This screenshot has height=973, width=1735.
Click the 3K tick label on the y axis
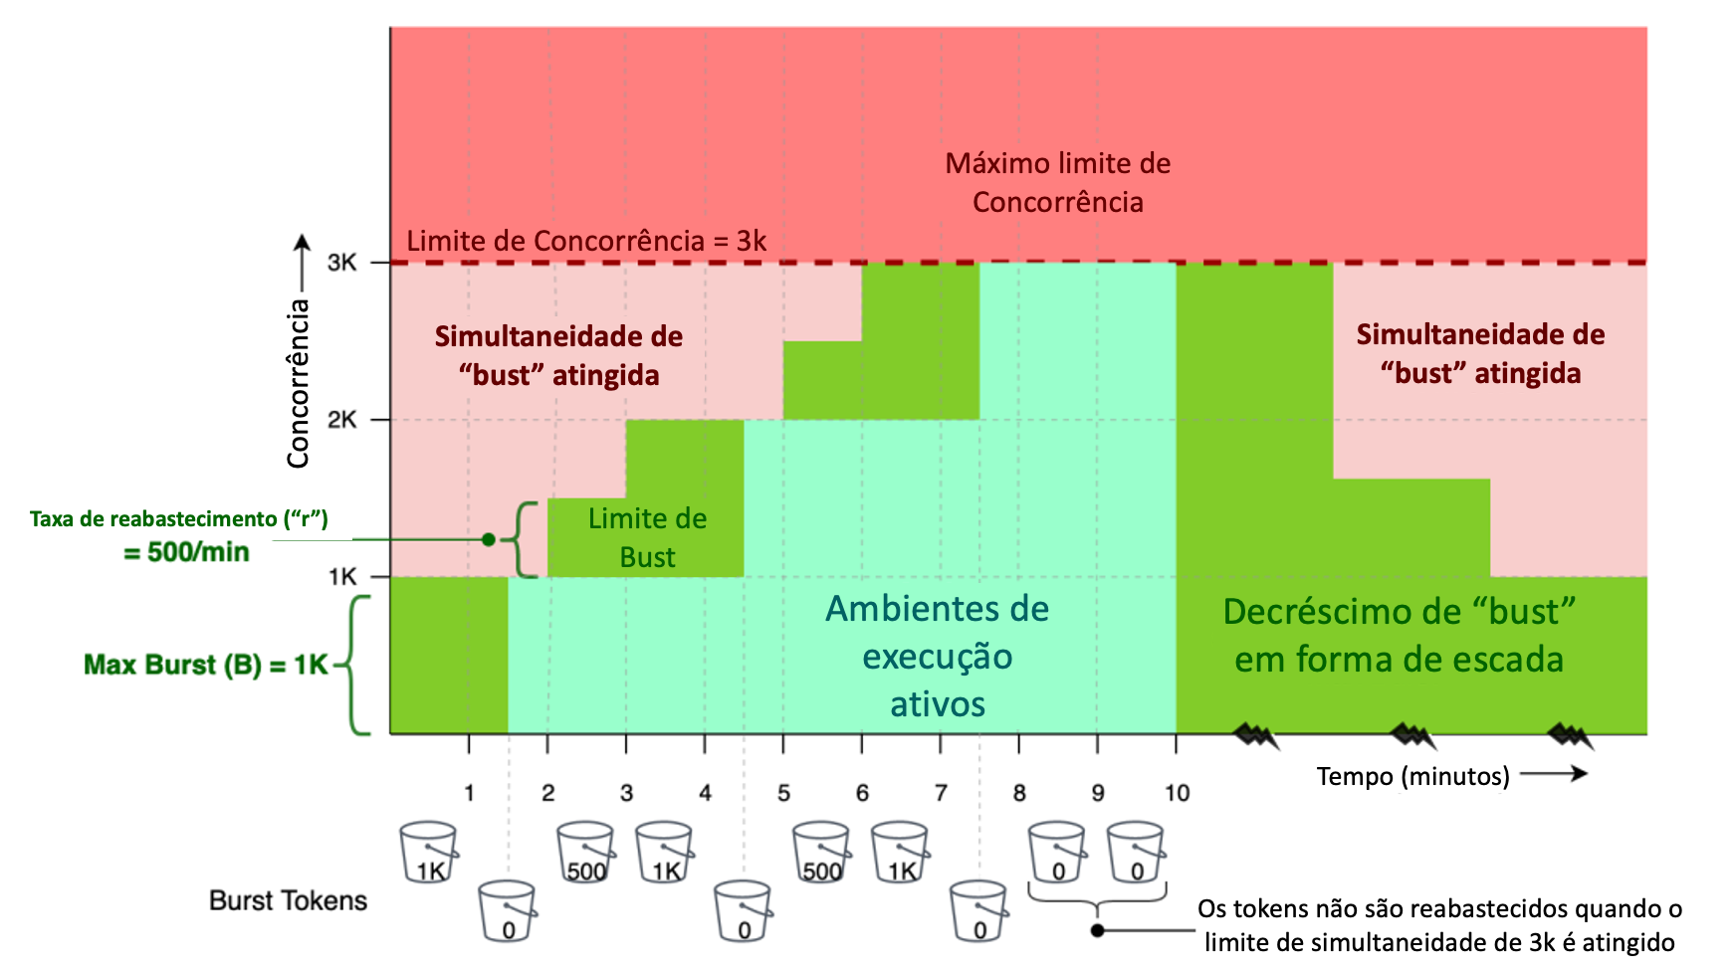341,263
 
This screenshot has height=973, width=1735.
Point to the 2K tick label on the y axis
341,420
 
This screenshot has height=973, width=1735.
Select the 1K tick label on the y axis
341,577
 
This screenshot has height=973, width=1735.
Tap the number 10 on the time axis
1177,793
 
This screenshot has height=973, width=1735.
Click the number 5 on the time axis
783,793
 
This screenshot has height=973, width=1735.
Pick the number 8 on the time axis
1019,793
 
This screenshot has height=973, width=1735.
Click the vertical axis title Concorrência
298,383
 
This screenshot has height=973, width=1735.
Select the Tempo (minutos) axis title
1412,776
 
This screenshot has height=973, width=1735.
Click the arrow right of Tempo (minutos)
1554,773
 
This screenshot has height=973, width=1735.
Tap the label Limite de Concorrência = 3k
586,241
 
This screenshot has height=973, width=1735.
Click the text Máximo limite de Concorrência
1057,183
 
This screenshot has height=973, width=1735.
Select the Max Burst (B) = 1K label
205,665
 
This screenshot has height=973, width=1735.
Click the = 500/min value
186,552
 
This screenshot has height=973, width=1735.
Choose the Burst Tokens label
288,900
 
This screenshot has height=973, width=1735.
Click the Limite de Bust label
647,537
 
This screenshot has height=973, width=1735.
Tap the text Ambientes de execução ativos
937,657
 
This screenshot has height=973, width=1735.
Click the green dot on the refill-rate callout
488,539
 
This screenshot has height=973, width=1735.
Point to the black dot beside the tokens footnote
1097,931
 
